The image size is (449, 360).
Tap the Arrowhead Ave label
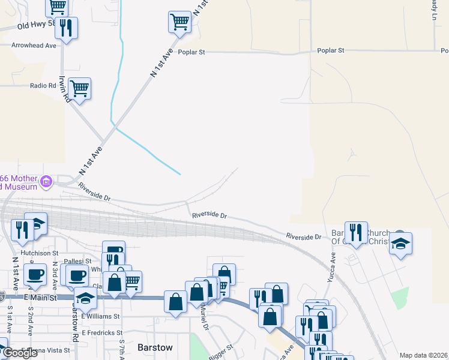(x=34, y=45)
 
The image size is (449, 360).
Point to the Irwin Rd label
(x=65, y=89)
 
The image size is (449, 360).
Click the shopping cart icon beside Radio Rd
(x=79, y=89)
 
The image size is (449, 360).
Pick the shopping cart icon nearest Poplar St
(x=179, y=22)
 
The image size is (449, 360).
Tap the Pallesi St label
(x=79, y=261)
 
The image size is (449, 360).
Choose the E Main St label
(x=40, y=298)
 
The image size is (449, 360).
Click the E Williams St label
(x=100, y=316)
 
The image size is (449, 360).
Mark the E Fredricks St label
(x=102, y=332)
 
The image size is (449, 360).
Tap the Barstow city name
(x=155, y=347)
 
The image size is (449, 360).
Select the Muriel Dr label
(x=205, y=318)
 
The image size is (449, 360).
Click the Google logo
(x=20, y=353)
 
